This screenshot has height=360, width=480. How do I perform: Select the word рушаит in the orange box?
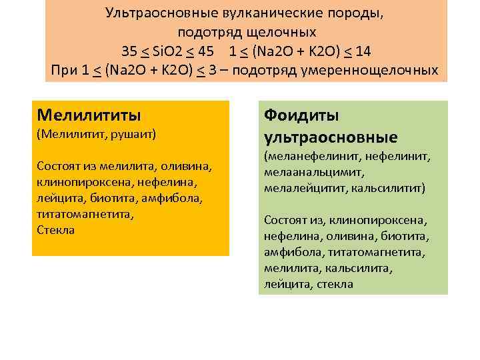tap(135, 134)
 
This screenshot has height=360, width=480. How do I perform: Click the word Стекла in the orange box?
tap(56, 230)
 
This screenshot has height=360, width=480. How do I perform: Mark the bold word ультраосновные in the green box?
tap(331, 137)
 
